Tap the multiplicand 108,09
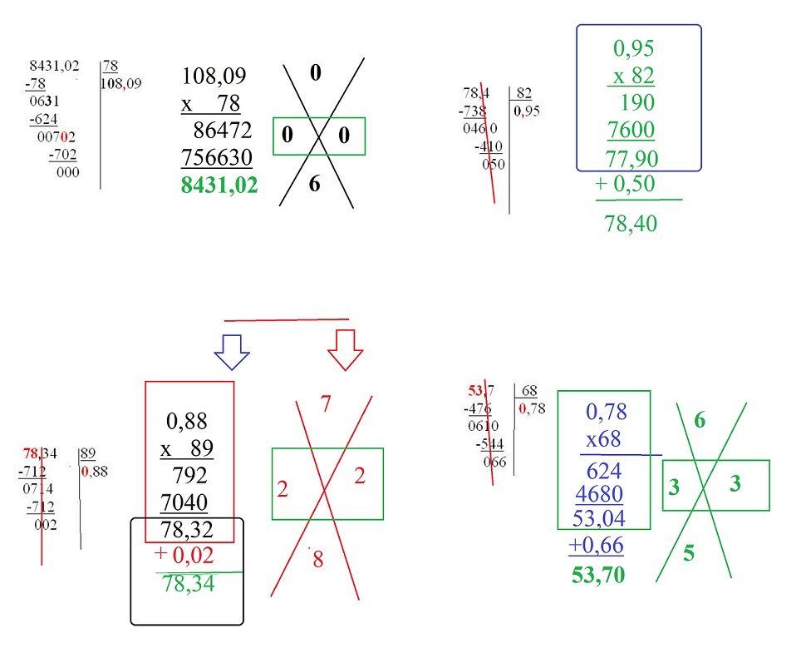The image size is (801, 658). point(214,77)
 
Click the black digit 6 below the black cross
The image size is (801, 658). point(314,185)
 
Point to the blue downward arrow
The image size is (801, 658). point(232,351)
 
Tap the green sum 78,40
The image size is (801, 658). point(631,223)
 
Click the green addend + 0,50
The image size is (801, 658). point(625,185)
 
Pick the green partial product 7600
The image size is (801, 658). point(631,130)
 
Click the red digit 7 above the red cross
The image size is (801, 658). point(326,404)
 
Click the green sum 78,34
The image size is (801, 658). point(189,584)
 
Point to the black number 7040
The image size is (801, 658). point(187,502)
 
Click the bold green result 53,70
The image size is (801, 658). point(598,574)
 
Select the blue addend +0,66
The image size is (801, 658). point(596,546)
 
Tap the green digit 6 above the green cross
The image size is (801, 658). point(700,421)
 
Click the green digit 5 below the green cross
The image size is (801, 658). point(688,553)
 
